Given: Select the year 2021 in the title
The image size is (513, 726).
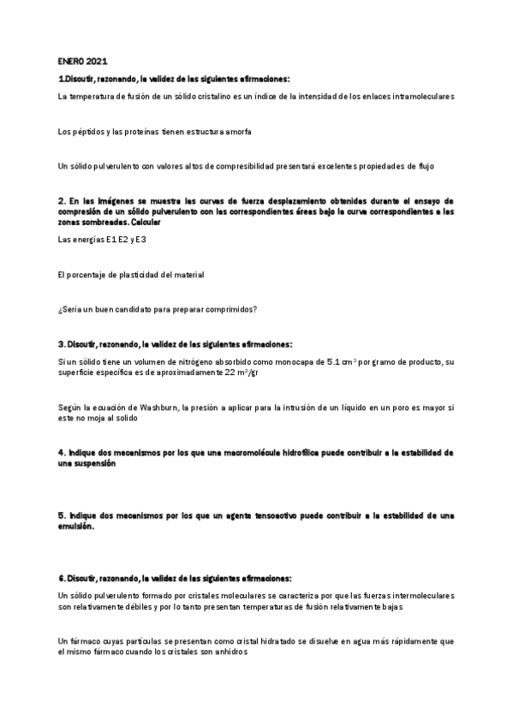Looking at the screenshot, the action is pos(97,62).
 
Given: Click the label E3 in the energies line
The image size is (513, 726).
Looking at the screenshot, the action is pos(141,240).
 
